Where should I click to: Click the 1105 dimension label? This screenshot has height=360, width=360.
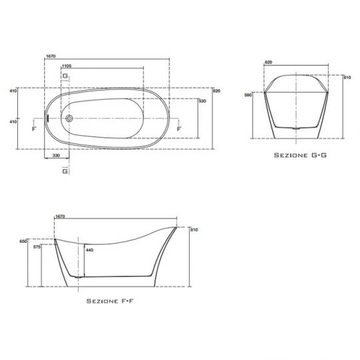tap(67, 66)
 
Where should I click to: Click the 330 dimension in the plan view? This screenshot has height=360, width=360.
tap(56, 155)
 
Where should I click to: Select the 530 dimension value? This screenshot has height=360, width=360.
tap(203, 101)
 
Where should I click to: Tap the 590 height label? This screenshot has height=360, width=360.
tap(248, 95)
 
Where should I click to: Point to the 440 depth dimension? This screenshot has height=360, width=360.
tap(89, 250)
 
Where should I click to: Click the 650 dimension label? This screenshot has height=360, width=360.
tap(23, 241)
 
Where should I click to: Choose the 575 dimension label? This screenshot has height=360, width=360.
tap(37, 247)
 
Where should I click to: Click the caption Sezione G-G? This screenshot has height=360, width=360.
tap(300, 155)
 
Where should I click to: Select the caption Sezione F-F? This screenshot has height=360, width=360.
tap(110, 301)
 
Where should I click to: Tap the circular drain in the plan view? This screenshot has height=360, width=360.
tap(69, 119)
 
